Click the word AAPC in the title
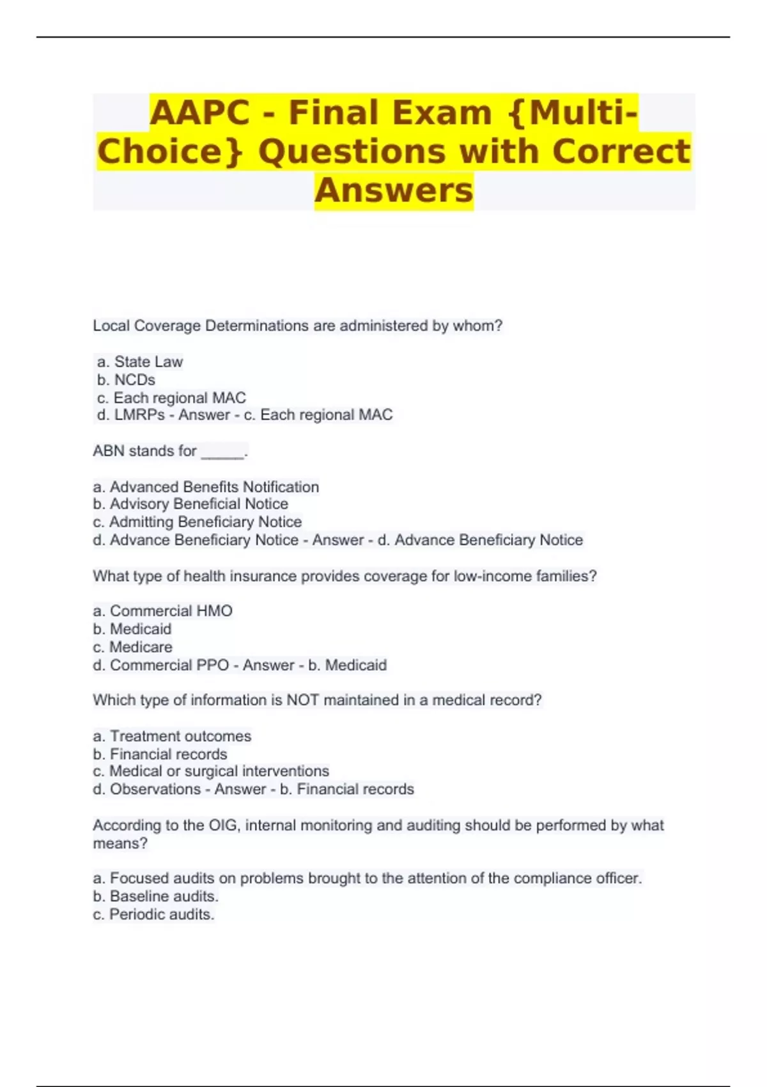[x=199, y=113]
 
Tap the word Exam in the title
[x=442, y=113]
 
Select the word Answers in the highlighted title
[x=394, y=191]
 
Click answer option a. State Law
[x=140, y=362]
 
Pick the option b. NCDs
[x=126, y=380]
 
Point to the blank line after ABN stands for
[x=222, y=453]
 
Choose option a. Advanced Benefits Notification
[x=206, y=487]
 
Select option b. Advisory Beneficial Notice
[x=190, y=504]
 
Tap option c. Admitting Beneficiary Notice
[x=198, y=522]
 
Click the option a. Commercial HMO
[x=163, y=611]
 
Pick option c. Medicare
[x=133, y=647]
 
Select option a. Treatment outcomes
[x=172, y=737]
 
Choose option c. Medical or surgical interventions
[x=211, y=772]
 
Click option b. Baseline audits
[x=156, y=896]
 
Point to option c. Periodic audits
[x=153, y=915]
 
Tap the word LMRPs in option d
[x=139, y=416]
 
